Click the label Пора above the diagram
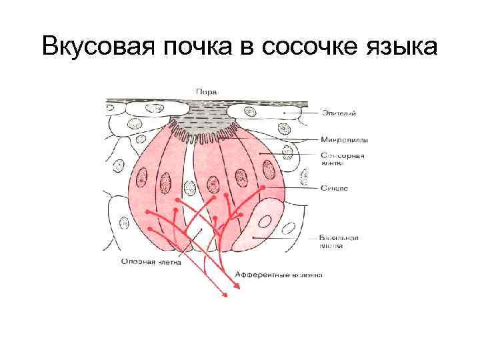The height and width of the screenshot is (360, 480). point(206,91)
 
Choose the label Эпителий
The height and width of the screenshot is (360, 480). point(339,113)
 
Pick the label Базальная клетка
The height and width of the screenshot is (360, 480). point(339,241)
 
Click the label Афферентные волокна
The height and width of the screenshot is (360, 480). point(279,275)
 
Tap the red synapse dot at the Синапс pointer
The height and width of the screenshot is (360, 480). point(263,189)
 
